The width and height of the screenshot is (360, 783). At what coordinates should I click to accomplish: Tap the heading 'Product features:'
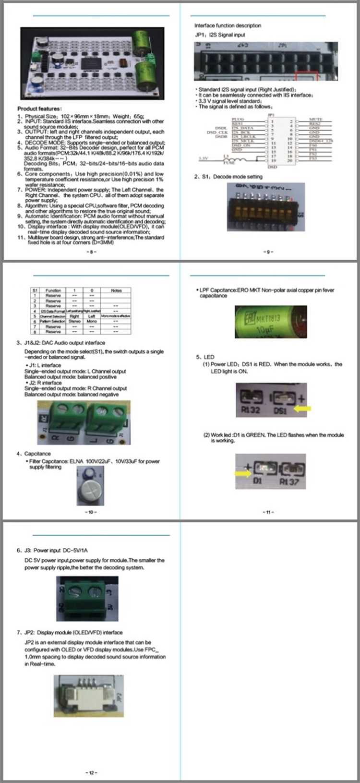pyautogui.click(x=39, y=109)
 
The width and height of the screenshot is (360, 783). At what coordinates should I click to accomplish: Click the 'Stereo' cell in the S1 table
pyautogui.click(x=74, y=321)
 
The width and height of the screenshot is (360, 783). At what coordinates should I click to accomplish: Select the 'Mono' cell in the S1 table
pyautogui.click(x=92, y=321)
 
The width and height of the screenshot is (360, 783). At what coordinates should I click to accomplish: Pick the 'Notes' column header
pyautogui.click(x=116, y=290)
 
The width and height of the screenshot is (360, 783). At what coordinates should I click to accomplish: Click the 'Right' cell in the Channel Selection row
pyautogui.click(x=74, y=316)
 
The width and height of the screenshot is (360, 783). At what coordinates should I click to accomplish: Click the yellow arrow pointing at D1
pyautogui.click(x=242, y=473)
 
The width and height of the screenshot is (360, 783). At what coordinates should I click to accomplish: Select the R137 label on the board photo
pyautogui.click(x=289, y=481)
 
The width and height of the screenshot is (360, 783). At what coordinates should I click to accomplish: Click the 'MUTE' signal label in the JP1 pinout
pyautogui.click(x=315, y=119)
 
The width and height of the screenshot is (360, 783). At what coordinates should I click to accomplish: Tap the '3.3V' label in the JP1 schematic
pyautogui.click(x=204, y=158)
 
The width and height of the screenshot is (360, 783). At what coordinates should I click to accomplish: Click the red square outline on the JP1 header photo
pyautogui.click(x=307, y=77)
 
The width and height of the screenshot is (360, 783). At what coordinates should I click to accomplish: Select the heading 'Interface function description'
pyautogui.click(x=228, y=25)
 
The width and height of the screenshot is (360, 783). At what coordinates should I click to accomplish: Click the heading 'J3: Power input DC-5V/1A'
pyautogui.click(x=52, y=551)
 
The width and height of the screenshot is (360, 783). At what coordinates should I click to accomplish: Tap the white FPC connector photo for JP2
pyautogui.click(x=89, y=696)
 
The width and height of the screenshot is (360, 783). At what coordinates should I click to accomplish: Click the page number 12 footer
pyautogui.click(x=91, y=772)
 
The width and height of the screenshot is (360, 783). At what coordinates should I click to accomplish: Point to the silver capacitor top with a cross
pyautogui.click(x=90, y=491)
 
